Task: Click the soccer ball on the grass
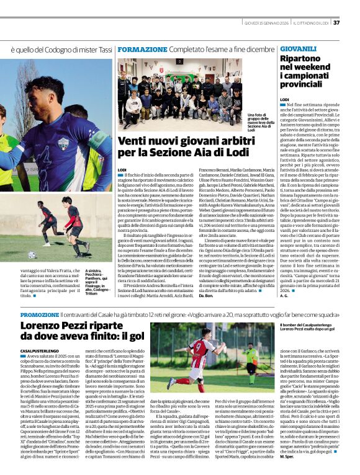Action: [32, 255]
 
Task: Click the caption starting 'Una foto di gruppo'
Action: [260, 122]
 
